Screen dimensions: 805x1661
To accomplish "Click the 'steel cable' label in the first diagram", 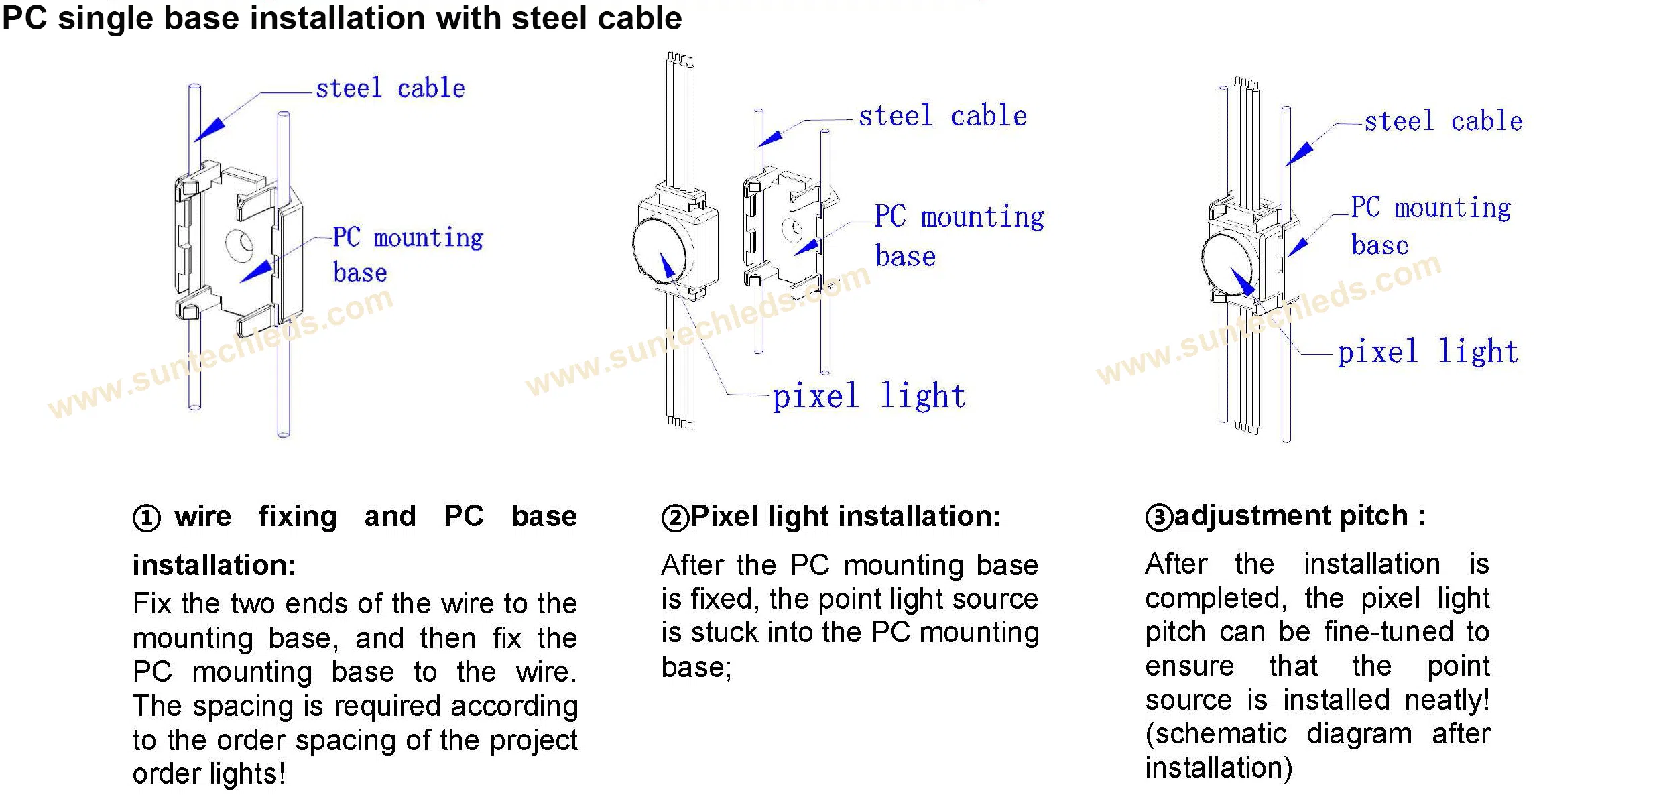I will pos(390,88).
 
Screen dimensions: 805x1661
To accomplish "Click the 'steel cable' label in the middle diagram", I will pos(942,116).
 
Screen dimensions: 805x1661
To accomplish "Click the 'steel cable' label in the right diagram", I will pos(1443,122).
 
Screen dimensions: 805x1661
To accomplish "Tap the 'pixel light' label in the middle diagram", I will pos(869,395).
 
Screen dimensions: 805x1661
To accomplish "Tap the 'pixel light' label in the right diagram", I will pos(1428,352).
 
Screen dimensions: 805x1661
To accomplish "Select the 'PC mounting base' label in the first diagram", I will pos(407,255).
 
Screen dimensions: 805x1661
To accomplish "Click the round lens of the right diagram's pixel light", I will pos(1227,263).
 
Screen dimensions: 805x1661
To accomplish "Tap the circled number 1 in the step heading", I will pos(147,518).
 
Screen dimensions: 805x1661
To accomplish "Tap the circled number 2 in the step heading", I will pos(675,518).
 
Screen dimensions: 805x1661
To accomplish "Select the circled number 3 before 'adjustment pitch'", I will pos(1159,517).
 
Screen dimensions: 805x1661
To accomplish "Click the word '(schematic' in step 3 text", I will pos(1216,734).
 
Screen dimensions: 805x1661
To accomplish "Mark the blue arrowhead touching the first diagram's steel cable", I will pos(210,129).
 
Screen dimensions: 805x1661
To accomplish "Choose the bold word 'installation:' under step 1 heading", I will pos(214,565).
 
